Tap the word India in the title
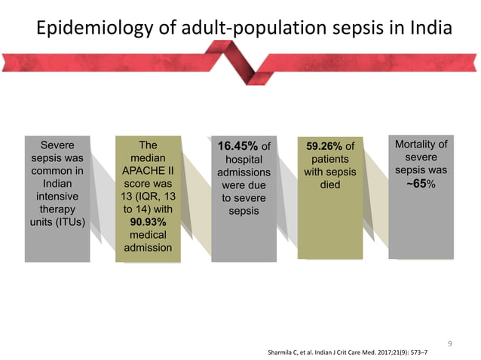click(428, 29)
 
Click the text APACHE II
click(149, 171)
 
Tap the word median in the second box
click(149, 158)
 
